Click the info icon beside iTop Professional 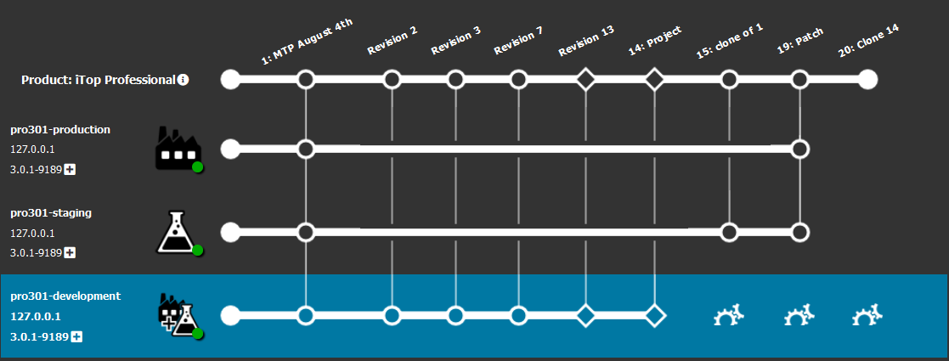(184, 80)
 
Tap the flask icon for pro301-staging (177, 232)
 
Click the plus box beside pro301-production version (71, 170)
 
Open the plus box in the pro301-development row (76, 337)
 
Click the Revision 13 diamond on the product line (585, 80)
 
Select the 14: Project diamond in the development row (654, 316)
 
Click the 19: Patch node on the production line (799, 149)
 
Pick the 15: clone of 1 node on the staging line (728, 232)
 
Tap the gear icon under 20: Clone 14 (867, 317)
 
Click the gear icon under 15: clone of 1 (728, 317)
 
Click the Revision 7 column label (518, 40)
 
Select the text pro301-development (65, 296)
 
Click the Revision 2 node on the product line (392, 80)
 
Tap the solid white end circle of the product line (867, 80)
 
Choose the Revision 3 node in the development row (455, 316)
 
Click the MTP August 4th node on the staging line (306, 232)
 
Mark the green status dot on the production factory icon (197, 167)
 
